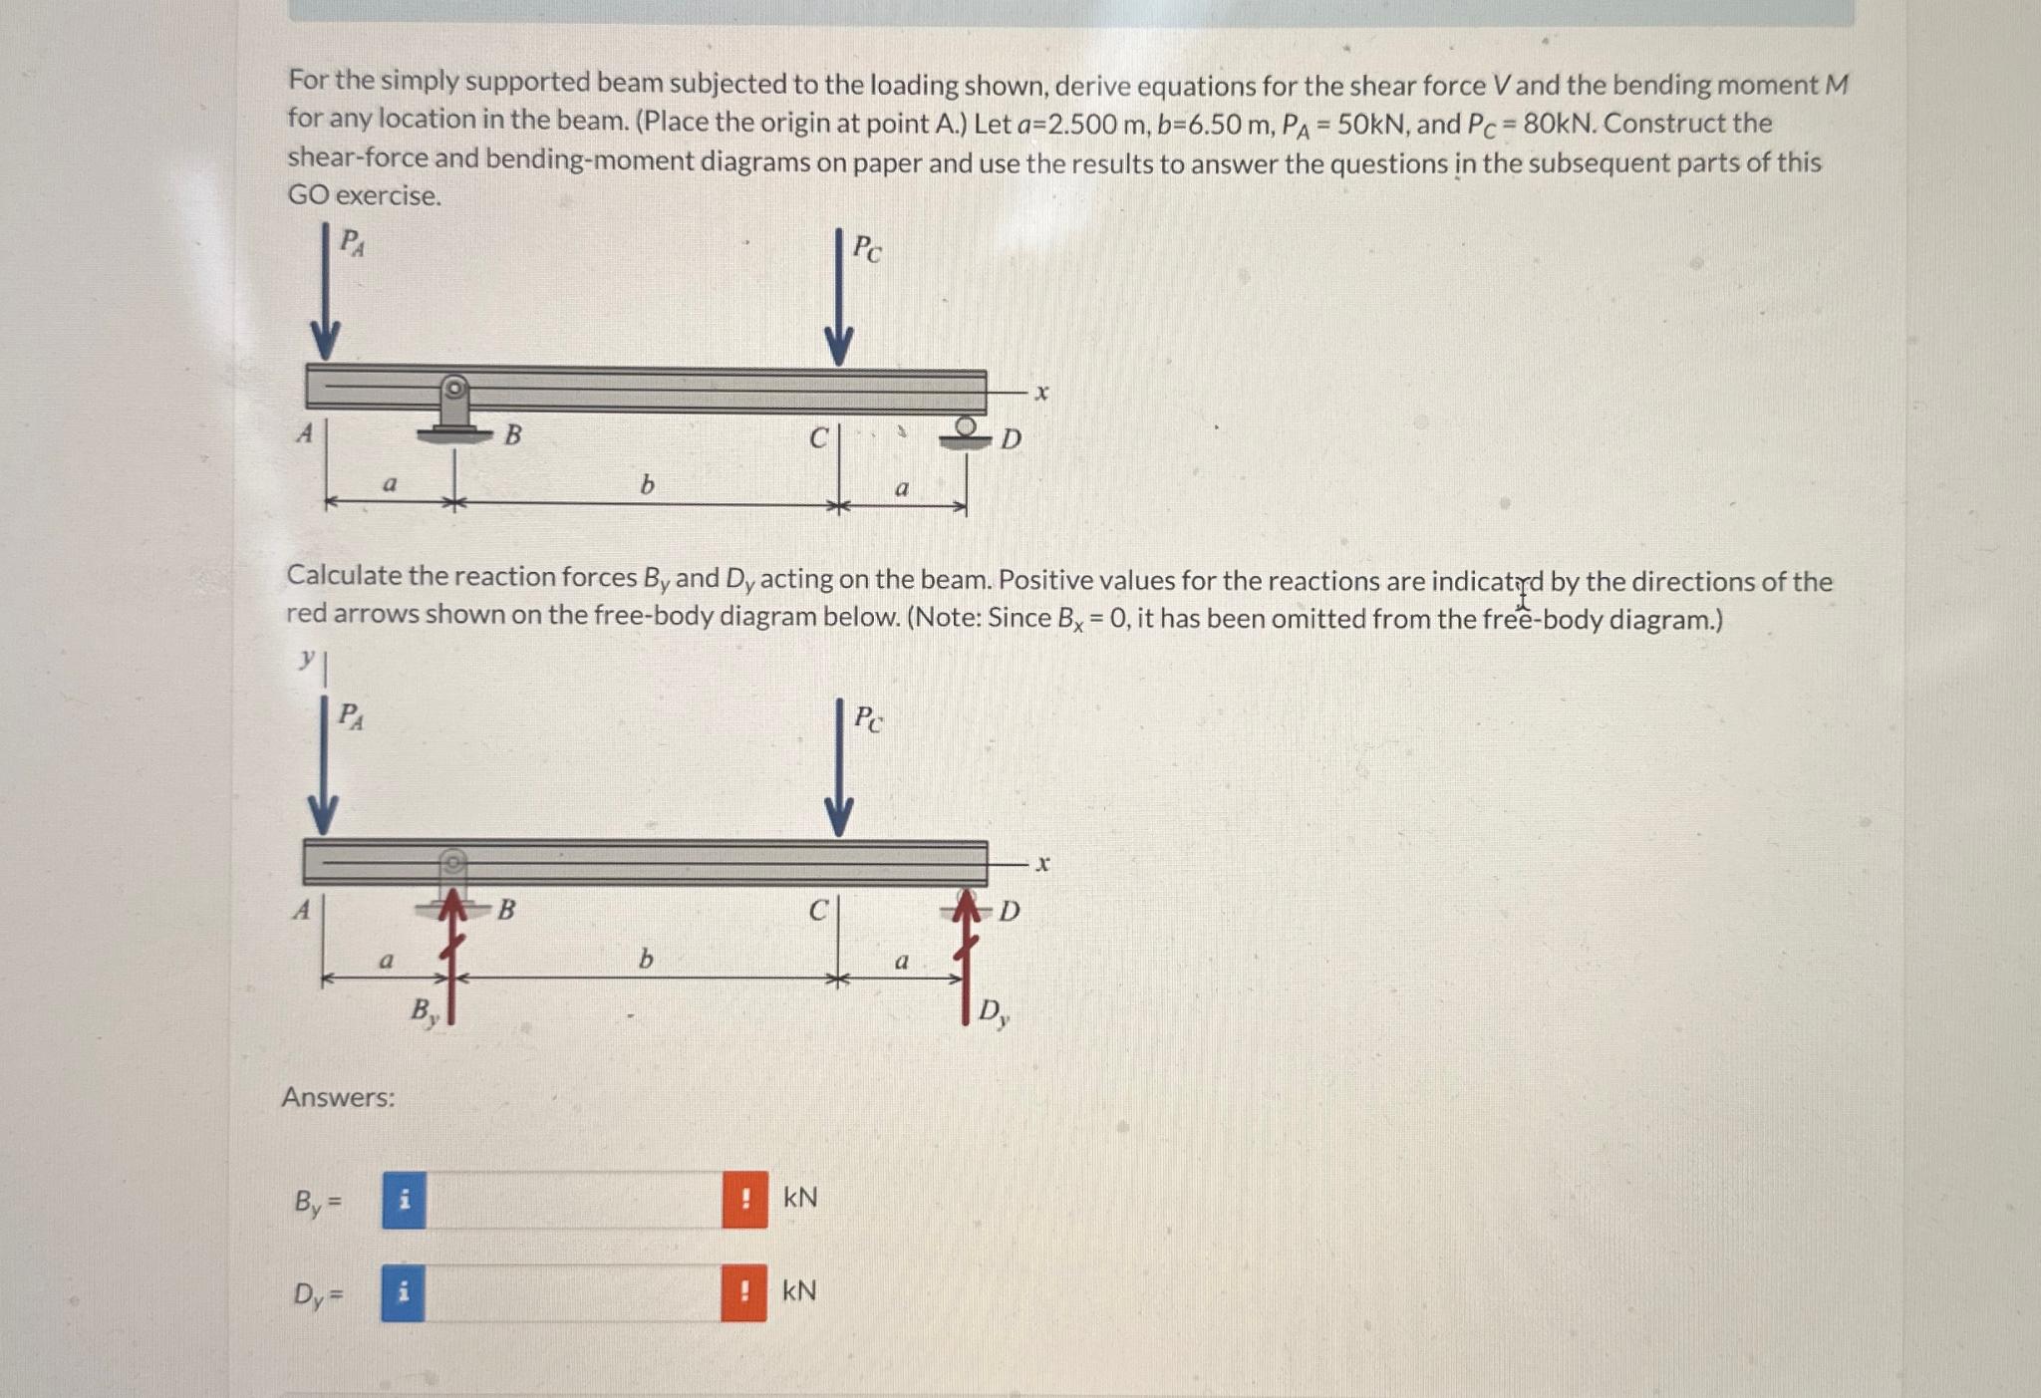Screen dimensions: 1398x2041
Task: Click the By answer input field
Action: coord(573,1200)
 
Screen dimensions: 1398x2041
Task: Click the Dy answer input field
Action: coord(573,1293)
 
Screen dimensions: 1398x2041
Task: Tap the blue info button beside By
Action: coord(404,1200)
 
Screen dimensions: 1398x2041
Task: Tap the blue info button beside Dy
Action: coord(403,1293)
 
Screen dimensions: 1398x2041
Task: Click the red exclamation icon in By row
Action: coord(744,1200)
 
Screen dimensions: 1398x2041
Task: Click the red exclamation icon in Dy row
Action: coord(743,1293)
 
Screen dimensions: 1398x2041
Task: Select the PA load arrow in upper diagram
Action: coord(325,294)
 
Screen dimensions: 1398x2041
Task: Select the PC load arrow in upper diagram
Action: coord(838,299)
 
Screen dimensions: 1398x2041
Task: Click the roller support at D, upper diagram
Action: coord(965,432)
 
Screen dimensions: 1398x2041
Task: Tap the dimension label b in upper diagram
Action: coord(647,485)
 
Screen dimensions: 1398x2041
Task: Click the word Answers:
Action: coord(338,1097)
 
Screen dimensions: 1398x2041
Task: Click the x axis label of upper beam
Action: coord(1041,393)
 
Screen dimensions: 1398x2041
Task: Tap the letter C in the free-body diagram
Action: coord(817,910)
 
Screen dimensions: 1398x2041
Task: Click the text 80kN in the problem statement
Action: coord(1559,124)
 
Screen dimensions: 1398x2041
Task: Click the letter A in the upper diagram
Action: coord(305,433)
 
